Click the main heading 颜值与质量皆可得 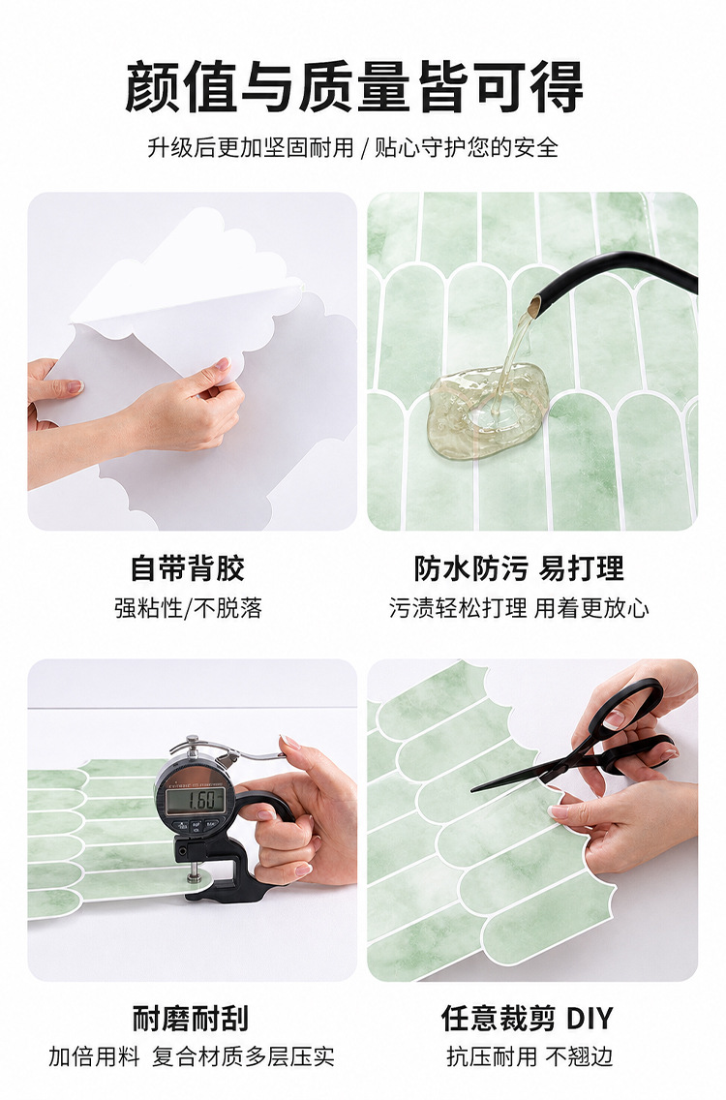point(354,87)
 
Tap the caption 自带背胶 point(187,568)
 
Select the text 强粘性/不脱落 point(188,607)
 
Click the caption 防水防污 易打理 point(519,568)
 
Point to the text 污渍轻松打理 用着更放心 point(519,607)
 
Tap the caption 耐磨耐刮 point(191,1018)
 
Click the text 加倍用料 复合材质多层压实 point(192,1056)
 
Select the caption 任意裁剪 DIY point(528,1018)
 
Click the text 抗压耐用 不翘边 point(529,1056)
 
